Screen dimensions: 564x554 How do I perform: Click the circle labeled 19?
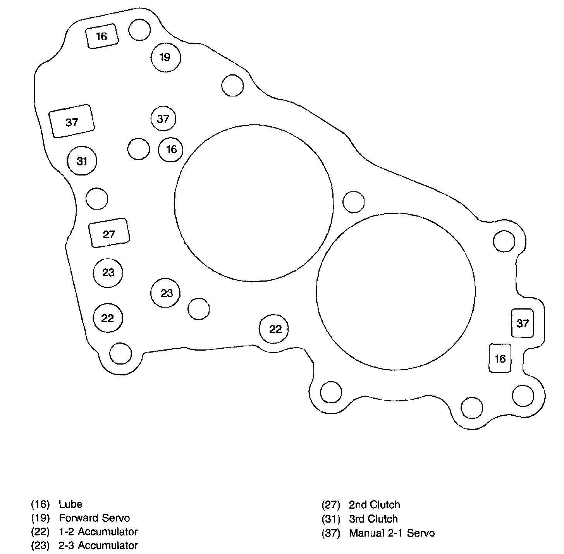(165, 57)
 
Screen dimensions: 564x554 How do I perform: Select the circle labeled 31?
(82, 161)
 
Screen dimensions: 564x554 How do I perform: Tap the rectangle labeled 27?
(109, 233)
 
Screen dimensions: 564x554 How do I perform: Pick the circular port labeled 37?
(163, 119)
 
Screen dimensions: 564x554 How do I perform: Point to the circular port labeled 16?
(171, 149)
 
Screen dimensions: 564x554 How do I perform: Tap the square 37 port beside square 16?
(523, 323)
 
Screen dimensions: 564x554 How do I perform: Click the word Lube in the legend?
(70, 504)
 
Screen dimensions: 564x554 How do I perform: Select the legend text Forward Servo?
(94, 518)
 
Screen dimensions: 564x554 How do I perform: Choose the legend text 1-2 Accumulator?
(98, 532)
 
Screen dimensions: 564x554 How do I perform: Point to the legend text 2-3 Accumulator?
(98, 545)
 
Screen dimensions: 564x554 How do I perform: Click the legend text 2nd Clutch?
(374, 505)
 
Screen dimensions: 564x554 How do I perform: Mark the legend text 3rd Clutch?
(373, 519)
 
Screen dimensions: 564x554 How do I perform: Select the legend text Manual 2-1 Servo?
(392, 533)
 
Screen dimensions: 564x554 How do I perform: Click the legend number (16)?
(41, 504)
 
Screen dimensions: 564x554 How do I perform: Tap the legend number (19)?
(41, 518)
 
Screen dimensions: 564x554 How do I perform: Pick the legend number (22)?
(41, 532)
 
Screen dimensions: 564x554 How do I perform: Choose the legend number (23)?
(41, 545)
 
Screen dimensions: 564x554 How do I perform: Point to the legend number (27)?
(331, 505)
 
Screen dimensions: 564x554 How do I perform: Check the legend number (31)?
(331, 519)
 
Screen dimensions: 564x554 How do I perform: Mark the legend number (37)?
(331, 533)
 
